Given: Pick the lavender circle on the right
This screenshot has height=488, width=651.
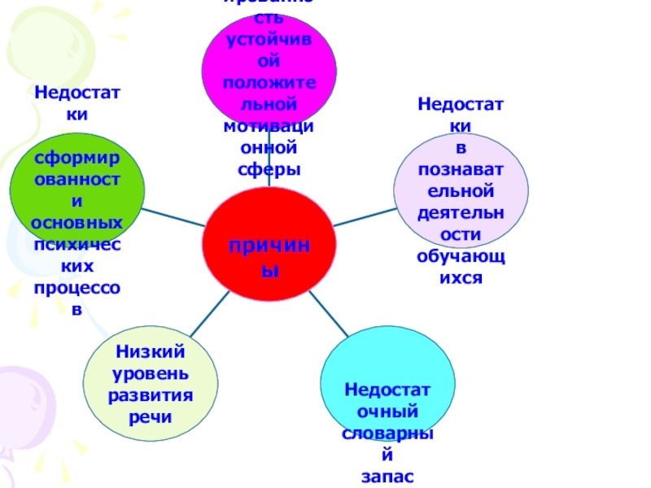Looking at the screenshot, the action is (x=461, y=191).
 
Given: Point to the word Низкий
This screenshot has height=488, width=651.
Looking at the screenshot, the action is (x=151, y=352).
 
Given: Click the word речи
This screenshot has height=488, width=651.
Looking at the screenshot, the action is (x=151, y=416).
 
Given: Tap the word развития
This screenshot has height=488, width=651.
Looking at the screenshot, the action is (x=151, y=395).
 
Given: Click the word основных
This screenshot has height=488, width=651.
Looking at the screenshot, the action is (x=77, y=222).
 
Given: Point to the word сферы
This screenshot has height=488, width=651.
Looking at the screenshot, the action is (x=269, y=169).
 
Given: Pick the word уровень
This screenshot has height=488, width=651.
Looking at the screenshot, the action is (x=151, y=373).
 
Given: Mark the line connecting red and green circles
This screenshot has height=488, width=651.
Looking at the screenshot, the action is (x=175, y=217).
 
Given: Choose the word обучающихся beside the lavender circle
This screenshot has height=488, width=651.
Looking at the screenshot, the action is (x=461, y=267).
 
